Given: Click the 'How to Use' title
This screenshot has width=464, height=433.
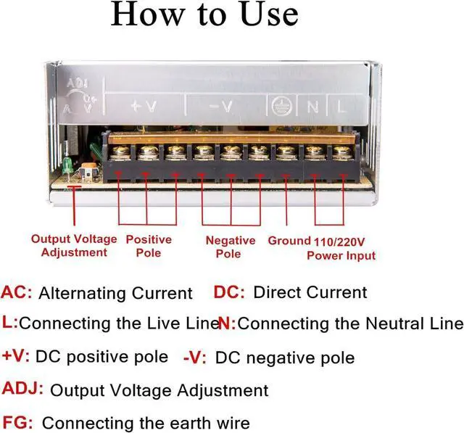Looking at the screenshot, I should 204,16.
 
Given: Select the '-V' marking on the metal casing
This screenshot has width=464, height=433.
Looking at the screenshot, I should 220,107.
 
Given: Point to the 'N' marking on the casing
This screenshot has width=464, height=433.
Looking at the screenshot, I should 312,107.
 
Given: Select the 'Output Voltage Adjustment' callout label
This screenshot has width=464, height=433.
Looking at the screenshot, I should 74,246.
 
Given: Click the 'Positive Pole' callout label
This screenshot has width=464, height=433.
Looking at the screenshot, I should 149,246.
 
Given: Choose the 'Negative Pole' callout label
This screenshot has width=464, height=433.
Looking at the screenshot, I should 230,247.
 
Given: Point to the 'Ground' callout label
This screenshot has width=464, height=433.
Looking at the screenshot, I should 289,240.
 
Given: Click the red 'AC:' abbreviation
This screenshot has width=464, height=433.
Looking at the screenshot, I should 17,293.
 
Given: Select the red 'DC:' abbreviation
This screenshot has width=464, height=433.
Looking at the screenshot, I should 229,293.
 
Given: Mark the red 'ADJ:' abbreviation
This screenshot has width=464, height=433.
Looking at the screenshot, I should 23,389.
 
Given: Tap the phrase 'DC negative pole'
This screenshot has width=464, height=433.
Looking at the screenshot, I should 285,358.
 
